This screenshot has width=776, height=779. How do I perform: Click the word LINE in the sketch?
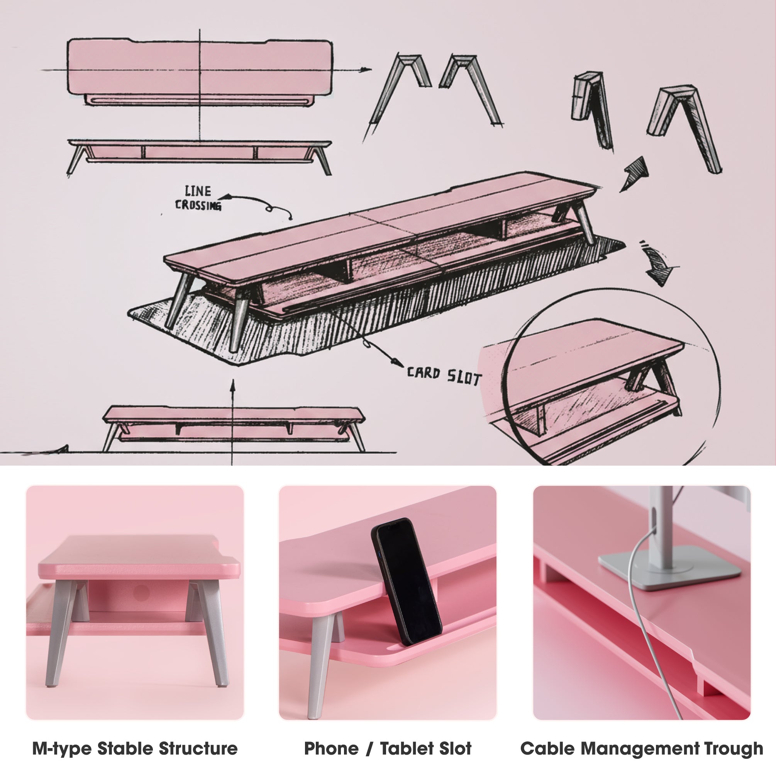point(197,191)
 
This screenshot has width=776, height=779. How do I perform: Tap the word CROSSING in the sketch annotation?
point(198,205)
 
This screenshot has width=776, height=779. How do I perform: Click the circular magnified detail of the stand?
point(612,379)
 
